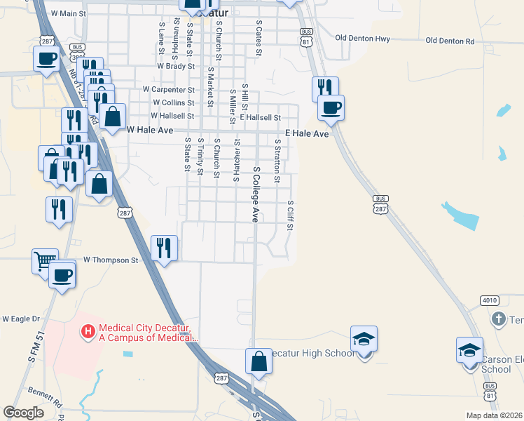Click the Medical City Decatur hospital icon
pyautogui.click(x=88, y=330)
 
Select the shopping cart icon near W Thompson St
pyautogui.click(x=44, y=260)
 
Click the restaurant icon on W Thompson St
pyautogui.click(x=164, y=247)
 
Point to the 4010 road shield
pyautogui.click(x=489, y=300)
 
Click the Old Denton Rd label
pyautogui.click(x=450, y=41)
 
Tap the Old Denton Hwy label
pyautogui.click(x=362, y=38)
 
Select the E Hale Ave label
pyautogui.click(x=307, y=133)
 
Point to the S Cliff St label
pyautogui.click(x=290, y=215)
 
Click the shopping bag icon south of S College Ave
pyautogui.click(x=258, y=361)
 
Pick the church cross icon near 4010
pyautogui.click(x=499, y=319)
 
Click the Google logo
pyautogui.click(x=24, y=413)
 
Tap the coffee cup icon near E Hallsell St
pyautogui.click(x=331, y=107)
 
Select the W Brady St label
pyautogui.click(x=175, y=65)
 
